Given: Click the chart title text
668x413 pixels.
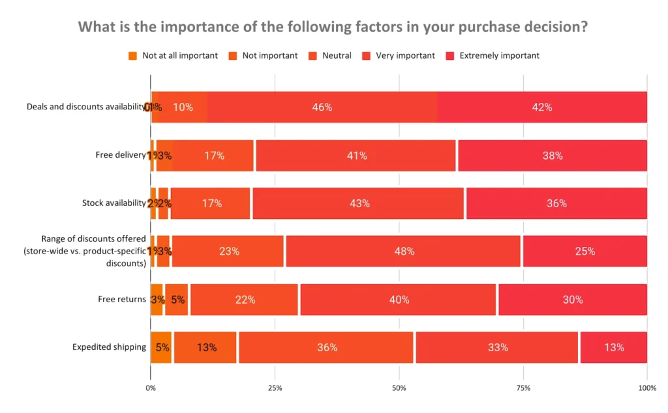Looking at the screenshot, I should point(333,27).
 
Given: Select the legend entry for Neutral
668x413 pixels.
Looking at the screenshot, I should point(337,55).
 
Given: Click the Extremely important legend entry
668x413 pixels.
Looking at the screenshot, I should point(499,55).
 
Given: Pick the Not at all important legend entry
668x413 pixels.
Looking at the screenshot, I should point(179,55).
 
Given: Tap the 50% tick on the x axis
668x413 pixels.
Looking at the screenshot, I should point(399,388).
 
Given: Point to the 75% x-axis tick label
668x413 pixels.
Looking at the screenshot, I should point(523,388).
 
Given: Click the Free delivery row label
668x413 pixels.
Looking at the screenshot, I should point(121,155).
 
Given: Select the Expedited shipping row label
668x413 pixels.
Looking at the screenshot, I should point(109,347).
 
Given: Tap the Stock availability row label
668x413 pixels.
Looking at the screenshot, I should point(114,203).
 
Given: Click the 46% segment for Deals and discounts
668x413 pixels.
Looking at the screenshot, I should point(322,107).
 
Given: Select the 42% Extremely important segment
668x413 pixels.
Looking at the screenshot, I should point(542,107).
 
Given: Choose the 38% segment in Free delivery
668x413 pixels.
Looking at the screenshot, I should point(552,156).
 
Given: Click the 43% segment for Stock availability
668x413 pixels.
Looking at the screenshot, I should point(359,203).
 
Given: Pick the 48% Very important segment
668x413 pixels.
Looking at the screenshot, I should point(404,251).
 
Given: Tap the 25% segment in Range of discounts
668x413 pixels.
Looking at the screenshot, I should point(584,251).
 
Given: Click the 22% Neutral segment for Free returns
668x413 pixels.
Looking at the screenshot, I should point(245,300).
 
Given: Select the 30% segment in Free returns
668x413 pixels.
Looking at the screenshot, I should point(572,300).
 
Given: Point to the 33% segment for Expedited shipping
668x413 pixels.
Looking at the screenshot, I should point(497,347).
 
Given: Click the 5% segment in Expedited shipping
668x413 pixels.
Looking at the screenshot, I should point(162,347).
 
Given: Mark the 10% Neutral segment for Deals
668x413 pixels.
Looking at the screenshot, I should point(183,107).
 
